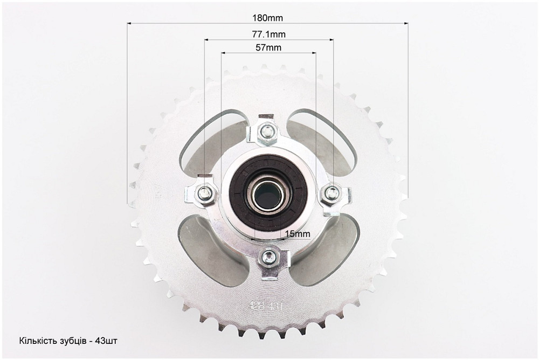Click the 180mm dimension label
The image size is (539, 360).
267,18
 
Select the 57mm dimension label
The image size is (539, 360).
268,47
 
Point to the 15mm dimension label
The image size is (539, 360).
298,234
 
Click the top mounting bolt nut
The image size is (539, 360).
266,130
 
